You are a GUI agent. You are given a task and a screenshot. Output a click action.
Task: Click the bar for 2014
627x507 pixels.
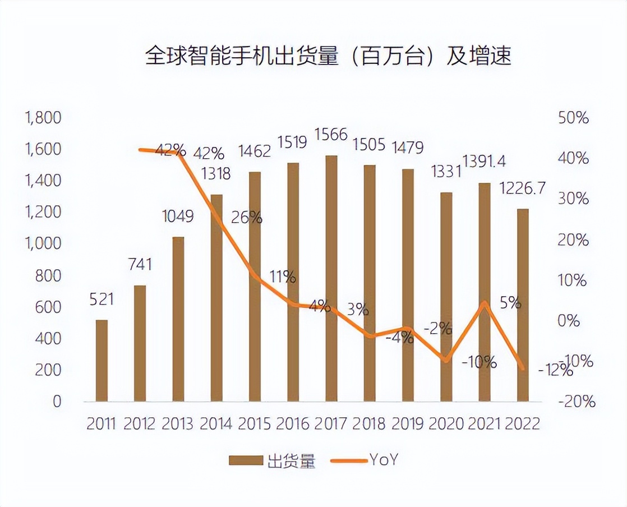coord(216,297)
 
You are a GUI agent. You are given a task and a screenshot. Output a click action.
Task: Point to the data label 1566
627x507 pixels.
coord(331,135)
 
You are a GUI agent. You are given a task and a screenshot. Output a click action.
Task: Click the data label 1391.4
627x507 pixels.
coord(484,162)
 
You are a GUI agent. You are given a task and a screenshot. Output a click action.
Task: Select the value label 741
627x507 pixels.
coord(140,264)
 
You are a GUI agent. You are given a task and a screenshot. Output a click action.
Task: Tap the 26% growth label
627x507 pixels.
coord(247,218)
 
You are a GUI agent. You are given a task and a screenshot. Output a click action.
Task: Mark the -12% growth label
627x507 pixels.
coord(555,371)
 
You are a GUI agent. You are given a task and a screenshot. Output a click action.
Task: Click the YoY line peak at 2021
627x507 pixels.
coord(485,303)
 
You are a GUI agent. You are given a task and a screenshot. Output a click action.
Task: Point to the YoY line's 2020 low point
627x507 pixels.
coord(446,360)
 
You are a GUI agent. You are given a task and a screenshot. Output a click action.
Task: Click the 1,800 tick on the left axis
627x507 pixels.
coord(43,118)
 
